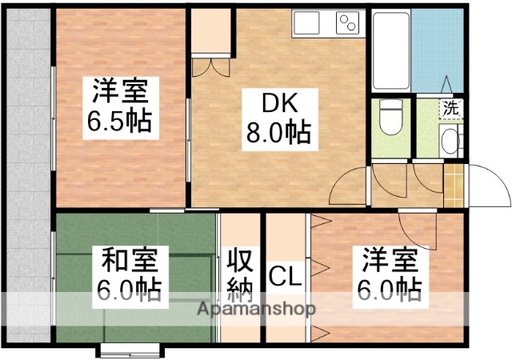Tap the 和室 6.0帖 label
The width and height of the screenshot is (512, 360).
[132, 274]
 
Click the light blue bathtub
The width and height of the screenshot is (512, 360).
[435, 48]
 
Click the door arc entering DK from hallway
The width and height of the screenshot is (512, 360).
[349, 186]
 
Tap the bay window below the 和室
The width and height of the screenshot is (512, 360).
[132, 349]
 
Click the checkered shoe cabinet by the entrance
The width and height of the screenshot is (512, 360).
[454, 185]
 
